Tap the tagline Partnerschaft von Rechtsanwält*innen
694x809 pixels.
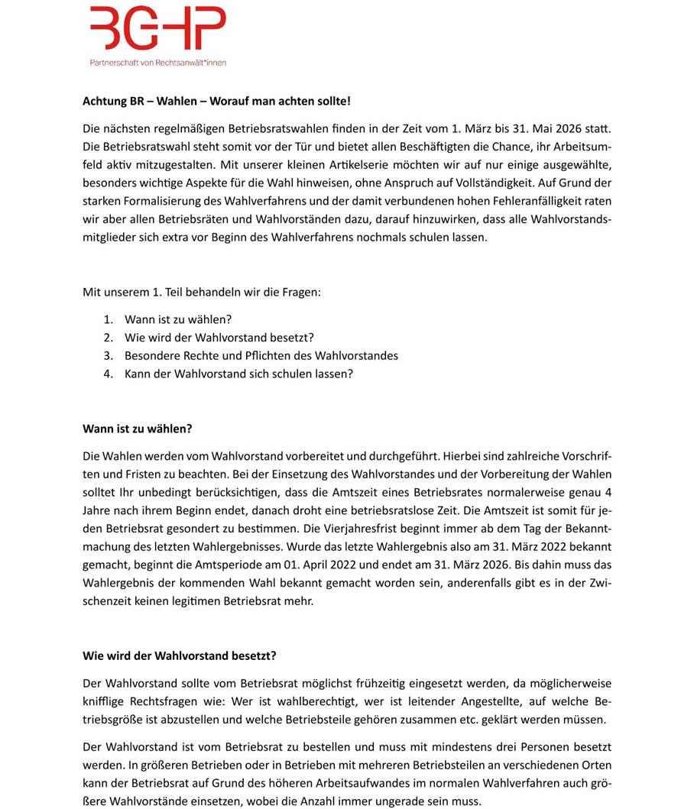158,63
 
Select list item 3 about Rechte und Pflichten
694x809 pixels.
261,356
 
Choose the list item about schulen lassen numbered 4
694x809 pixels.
238,374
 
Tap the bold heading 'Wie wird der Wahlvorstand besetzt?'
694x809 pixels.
180,656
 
